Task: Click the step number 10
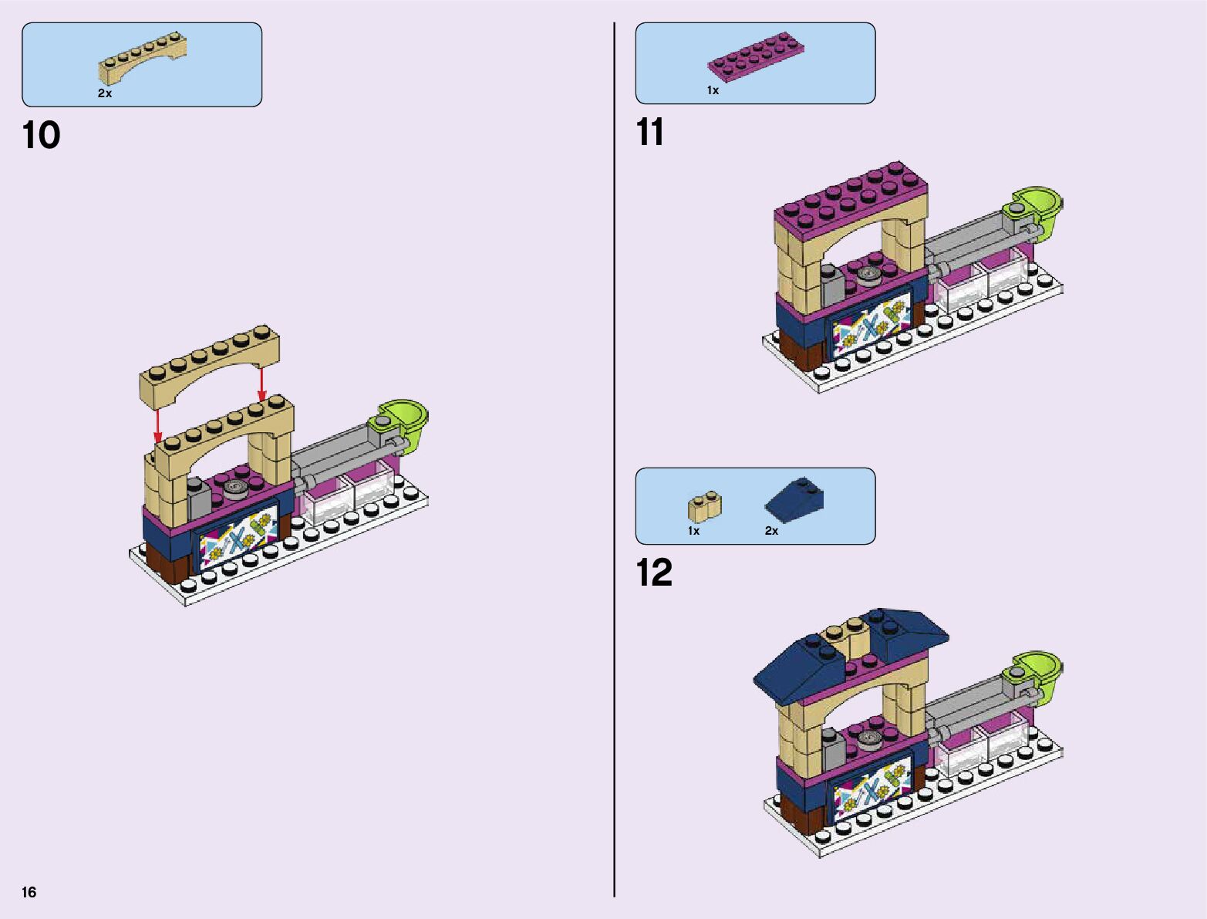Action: coord(41,136)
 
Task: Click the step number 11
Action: coord(649,133)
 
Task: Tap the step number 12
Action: coord(654,573)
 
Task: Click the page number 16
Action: coord(29,893)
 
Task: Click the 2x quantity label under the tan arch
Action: coord(105,93)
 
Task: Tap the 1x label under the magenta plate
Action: coord(713,90)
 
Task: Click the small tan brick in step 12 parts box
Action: coord(703,506)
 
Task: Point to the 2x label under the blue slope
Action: coord(771,531)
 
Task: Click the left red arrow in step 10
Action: coord(157,425)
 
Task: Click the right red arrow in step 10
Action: coord(261,383)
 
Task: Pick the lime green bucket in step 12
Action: coord(1036,671)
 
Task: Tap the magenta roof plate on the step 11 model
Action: coord(848,193)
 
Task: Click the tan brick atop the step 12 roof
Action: coord(845,634)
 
